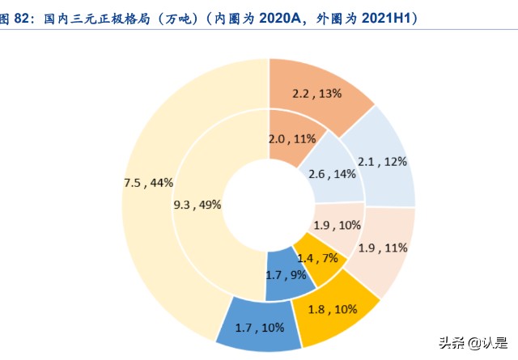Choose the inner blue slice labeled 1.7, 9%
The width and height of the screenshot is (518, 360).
pos(286,276)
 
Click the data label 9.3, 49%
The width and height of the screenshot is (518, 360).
pos(197,205)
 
